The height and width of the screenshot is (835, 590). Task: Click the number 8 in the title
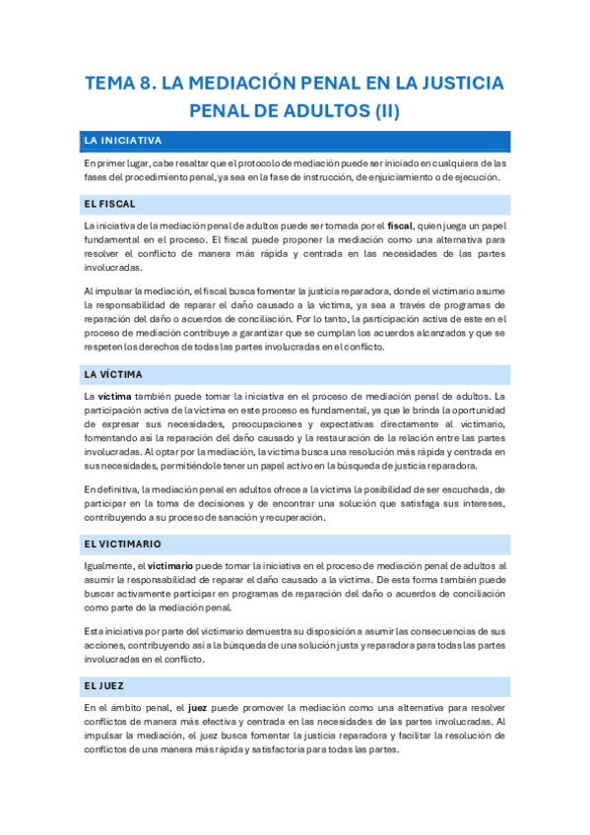[x=151, y=83]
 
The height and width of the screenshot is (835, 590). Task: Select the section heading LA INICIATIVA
[x=123, y=141]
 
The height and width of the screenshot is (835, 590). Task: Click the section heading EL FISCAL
[x=110, y=204]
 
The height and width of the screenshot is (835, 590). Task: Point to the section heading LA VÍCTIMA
[x=114, y=374]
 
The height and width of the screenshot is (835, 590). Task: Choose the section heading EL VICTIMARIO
[x=123, y=544]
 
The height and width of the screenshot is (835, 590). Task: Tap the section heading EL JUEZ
[x=104, y=683]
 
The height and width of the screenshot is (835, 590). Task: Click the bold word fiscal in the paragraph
[x=400, y=225]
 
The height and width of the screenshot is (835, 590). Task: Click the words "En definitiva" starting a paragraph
[x=111, y=489]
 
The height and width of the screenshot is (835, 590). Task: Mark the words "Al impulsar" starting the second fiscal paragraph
[x=107, y=291]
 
